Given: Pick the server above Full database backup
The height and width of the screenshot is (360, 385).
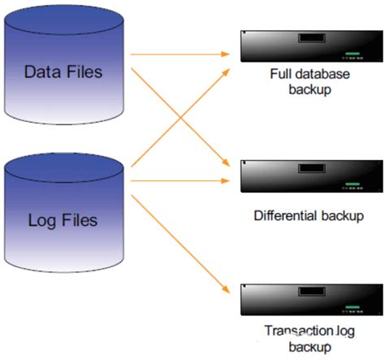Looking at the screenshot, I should [306, 46].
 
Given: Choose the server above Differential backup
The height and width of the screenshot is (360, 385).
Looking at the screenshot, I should [306, 176].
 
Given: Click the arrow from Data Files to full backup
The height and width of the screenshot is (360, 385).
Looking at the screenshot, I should [179, 54].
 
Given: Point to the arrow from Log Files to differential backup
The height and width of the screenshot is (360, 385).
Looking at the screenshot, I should [179, 179].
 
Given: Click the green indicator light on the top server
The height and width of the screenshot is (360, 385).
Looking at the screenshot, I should [351, 54].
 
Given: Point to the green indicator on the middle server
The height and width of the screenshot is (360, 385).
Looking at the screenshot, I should [351, 185].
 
